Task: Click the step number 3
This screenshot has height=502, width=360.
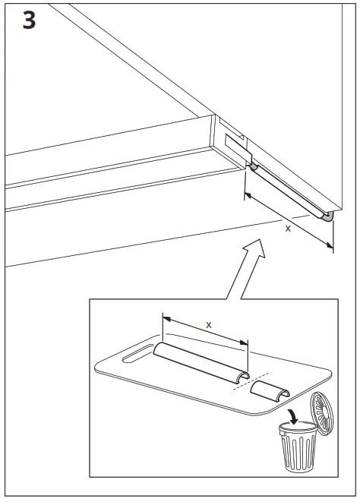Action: (x=28, y=20)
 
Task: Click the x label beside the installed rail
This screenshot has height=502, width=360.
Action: (x=287, y=227)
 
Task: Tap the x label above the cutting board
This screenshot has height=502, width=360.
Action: (x=209, y=324)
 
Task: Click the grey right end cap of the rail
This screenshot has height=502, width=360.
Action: (x=327, y=217)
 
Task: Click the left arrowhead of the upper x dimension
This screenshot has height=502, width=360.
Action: (x=248, y=197)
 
